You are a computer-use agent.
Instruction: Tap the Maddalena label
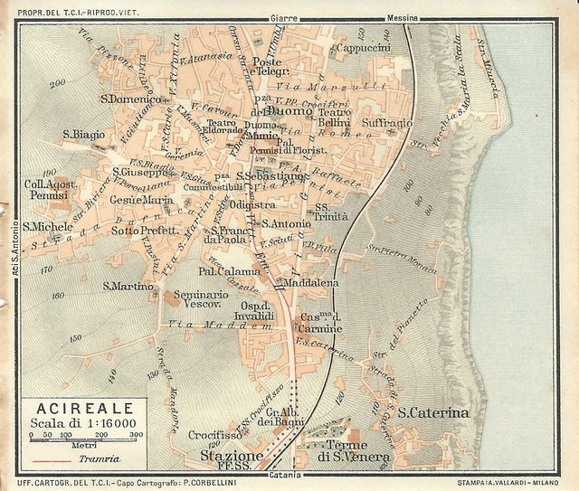[x=309, y=283]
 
